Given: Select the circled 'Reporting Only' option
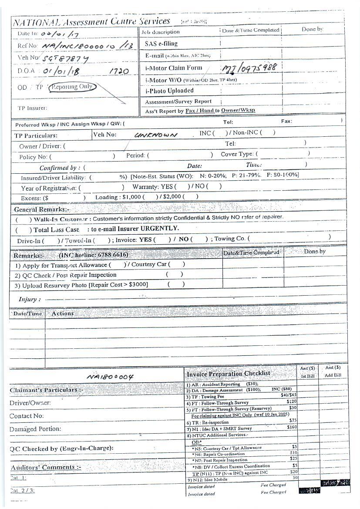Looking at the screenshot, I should click(x=72, y=87).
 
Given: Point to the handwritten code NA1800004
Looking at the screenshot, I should click(x=110, y=377).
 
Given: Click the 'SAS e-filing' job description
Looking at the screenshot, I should click(x=161, y=44).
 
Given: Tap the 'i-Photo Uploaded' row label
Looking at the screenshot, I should click(x=169, y=91).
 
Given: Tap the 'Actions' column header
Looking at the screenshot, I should click(x=63, y=313).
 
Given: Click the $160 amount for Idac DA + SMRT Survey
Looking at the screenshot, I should click(x=292, y=427).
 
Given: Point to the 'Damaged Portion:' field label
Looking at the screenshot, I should click(x=35, y=429).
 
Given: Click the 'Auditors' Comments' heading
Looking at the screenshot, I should click(x=46, y=467).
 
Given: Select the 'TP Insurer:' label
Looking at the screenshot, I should click(x=32, y=108).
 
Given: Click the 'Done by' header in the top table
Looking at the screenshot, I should click(x=312, y=30).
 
